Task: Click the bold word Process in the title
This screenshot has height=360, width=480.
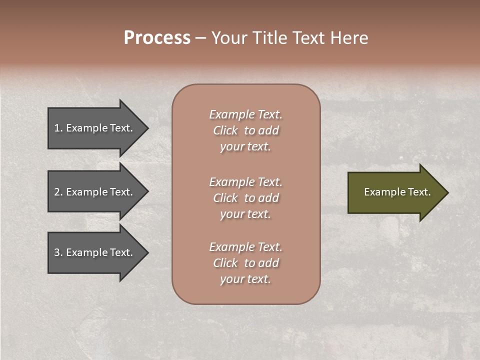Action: [157, 38]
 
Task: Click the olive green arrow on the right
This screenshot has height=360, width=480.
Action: [395, 192]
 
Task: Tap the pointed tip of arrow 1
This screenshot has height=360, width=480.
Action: [147, 128]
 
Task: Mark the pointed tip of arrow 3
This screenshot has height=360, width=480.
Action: [147, 252]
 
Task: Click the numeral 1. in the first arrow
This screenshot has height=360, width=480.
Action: [58, 128]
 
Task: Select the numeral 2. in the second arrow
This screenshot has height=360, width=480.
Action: [58, 192]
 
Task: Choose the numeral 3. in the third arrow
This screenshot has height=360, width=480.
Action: [58, 253]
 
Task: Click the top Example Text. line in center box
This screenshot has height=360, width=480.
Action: [245, 114]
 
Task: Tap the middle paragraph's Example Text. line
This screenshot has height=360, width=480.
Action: [245, 182]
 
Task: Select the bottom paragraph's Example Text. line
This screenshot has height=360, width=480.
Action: [245, 247]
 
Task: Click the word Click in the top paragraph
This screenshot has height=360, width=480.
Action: [225, 130]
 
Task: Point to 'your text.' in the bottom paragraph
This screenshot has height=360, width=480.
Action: [245, 279]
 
